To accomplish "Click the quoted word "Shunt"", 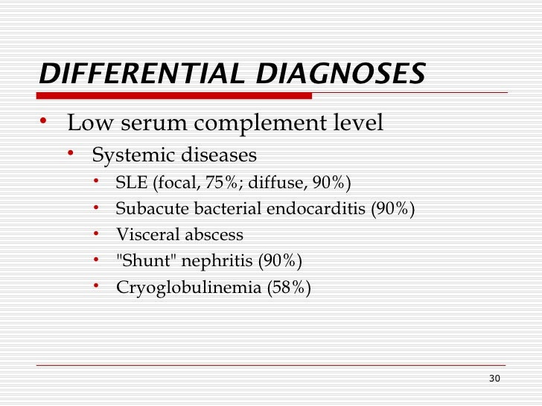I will [x=142, y=261].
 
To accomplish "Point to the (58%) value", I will [x=288, y=288].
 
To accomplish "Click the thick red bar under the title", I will [x=174, y=95].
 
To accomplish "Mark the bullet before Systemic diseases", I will [x=71, y=153].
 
